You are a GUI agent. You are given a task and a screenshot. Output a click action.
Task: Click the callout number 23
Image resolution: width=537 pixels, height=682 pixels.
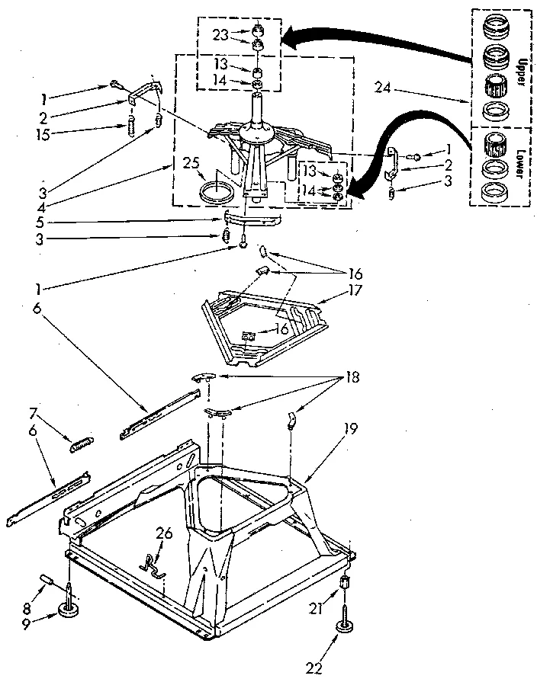point(220,34)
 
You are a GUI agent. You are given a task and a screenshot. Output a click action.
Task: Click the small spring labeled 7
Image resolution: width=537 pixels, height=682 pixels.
point(82,444)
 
